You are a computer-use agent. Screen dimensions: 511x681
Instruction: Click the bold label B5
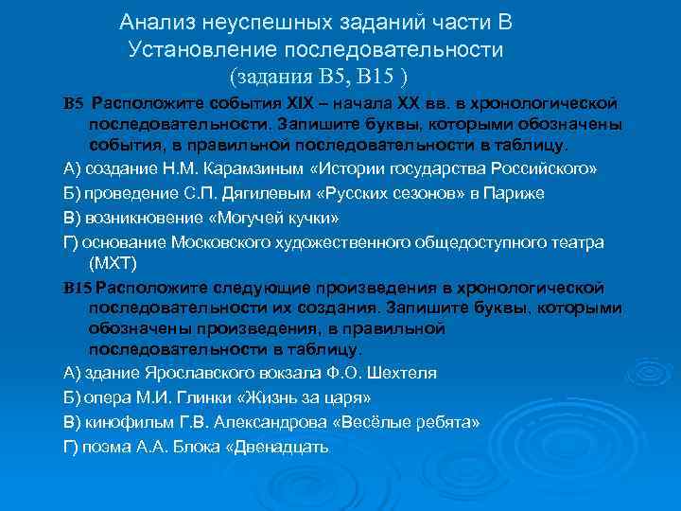pos(74,101)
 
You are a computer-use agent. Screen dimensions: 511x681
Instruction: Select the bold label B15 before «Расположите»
pos(78,286)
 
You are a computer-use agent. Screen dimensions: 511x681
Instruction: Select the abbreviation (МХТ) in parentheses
pos(113,262)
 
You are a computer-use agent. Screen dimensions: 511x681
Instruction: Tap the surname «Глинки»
pos(219,396)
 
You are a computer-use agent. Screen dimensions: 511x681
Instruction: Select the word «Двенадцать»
pos(281,444)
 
